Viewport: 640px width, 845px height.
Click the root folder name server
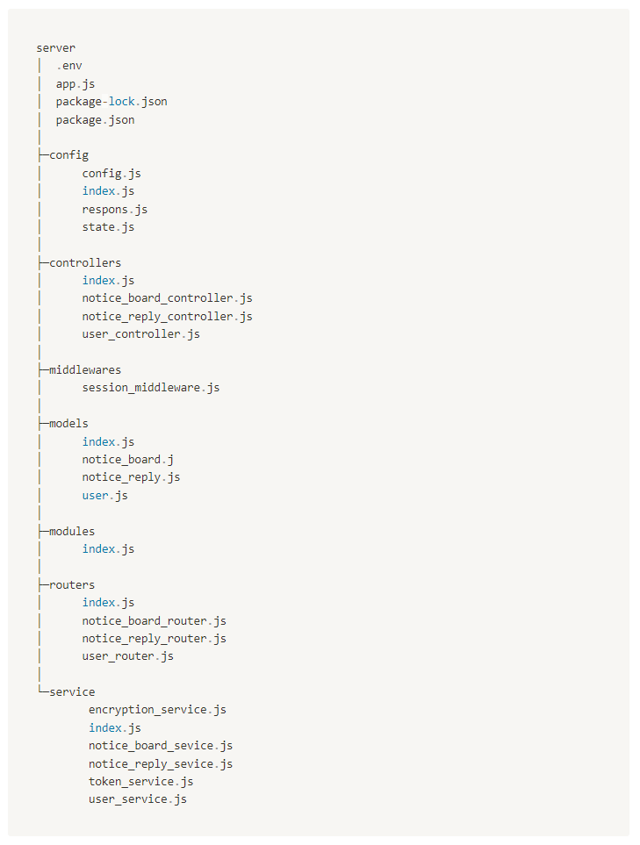[x=55, y=48]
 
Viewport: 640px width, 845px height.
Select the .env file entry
[x=69, y=66]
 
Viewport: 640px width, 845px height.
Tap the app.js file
[x=76, y=84]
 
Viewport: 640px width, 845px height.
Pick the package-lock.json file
[x=111, y=102]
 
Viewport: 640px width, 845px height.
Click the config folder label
[x=68, y=155]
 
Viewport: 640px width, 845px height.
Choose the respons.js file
[x=115, y=209]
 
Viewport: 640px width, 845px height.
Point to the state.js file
[x=108, y=227]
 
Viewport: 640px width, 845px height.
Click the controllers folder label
[x=85, y=262]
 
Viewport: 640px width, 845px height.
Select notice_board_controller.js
[x=167, y=298]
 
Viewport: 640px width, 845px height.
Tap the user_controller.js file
[x=140, y=334]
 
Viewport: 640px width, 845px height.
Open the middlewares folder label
[x=85, y=370]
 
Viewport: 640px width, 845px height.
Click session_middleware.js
[x=151, y=388]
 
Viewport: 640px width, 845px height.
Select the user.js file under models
[x=105, y=496]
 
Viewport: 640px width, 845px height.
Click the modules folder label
[x=72, y=531]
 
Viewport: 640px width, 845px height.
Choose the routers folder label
[x=72, y=584]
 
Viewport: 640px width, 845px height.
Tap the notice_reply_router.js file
[x=155, y=639]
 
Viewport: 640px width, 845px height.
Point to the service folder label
[x=72, y=691]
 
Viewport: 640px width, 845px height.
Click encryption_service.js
[x=157, y=710]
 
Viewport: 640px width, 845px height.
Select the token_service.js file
[x=140, y=781]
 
